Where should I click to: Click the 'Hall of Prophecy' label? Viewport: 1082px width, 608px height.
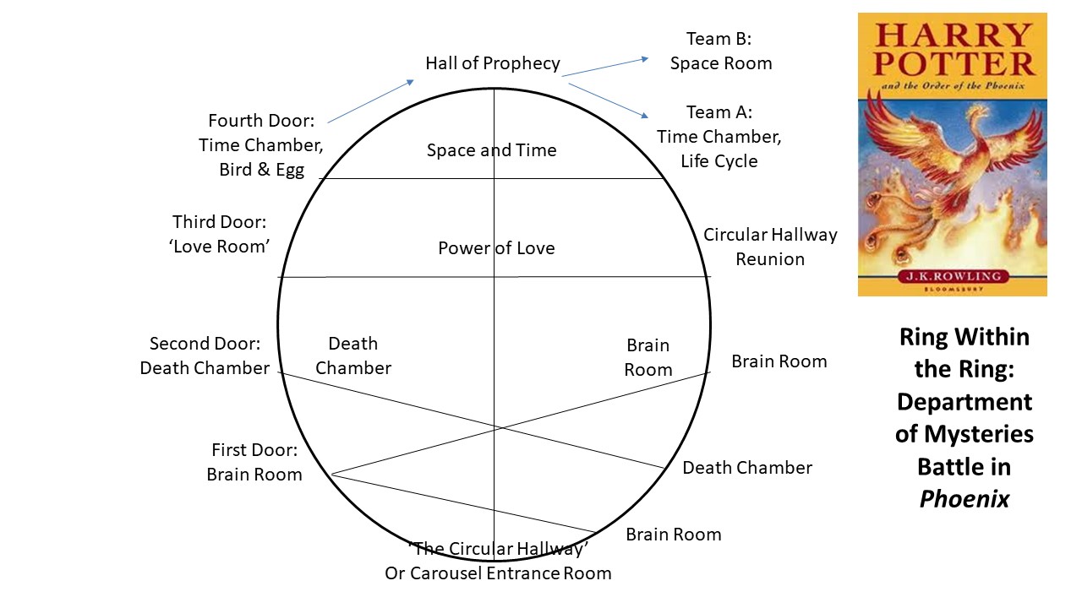coord(493,63)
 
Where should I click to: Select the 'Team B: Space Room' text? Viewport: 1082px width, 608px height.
coord(720,52)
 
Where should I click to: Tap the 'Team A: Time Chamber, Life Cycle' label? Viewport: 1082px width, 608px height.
coord(719,137)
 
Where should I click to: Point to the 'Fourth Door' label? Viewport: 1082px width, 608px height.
coord(261,121)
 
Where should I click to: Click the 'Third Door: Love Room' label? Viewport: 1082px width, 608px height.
coord(219,234)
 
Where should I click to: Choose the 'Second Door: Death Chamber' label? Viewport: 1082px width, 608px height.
coord(205,356)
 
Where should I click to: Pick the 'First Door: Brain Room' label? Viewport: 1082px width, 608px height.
coord(254,462)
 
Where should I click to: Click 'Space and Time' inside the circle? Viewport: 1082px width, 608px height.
coord(491,150)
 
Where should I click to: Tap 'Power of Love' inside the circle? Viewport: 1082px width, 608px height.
coord(496,248)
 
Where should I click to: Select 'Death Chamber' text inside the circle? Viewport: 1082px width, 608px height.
coord(353,356)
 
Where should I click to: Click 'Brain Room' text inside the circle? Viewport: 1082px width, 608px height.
coord(648,357)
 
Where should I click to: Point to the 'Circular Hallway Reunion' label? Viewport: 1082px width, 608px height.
coord(770,247)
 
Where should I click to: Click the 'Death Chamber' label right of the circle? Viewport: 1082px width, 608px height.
coord(747,468)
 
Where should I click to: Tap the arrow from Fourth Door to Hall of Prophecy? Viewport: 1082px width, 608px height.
coord(370,101)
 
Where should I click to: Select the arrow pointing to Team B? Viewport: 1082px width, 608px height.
coord(605,67)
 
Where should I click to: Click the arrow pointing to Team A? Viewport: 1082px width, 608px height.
coord(609,100)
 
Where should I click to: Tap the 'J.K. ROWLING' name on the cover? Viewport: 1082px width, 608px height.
coord(953,276)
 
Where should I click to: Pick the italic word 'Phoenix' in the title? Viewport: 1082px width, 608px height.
coord(965,499)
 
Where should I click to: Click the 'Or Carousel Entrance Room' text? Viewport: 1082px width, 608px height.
coord(498,573)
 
